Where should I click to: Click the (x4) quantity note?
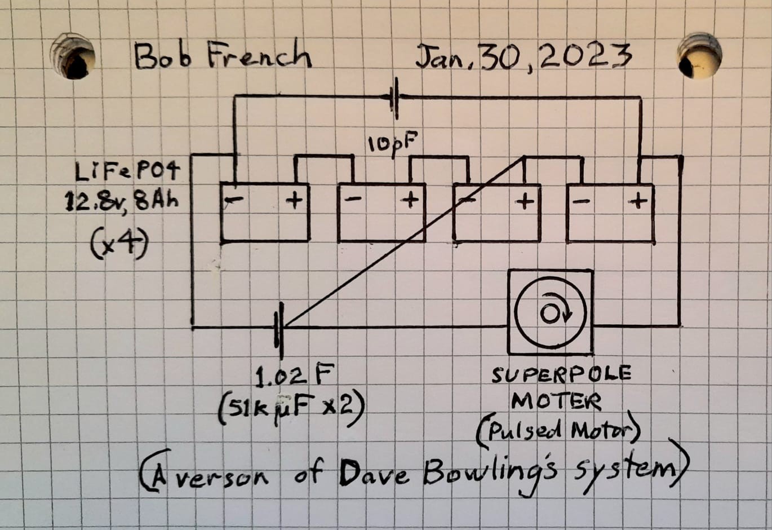tap(119, 245)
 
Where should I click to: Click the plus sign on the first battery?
tap(294, 201)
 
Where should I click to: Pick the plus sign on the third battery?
tap(524, 202)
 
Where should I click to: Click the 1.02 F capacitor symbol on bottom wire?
tap(279, 330)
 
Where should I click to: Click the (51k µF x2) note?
tap(291, 410)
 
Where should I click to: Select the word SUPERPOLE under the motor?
tap(561, 374)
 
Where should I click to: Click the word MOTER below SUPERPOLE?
tap(556, 401)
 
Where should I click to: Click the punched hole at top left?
tap(73, 56)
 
